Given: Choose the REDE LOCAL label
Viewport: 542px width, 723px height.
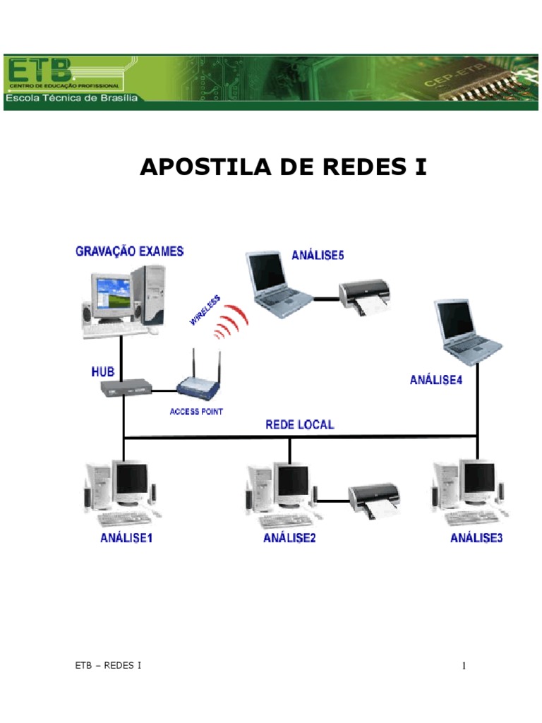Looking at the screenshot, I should (x=299, y=425).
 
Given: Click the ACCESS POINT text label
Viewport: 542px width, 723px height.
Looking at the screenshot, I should (x=196, y=412).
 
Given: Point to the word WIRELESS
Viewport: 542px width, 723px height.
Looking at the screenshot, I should (x=205, y=311).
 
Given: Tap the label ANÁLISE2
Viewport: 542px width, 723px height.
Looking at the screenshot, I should (x=289, y=539).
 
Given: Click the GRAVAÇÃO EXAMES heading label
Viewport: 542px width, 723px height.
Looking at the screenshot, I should (x=130, y=251).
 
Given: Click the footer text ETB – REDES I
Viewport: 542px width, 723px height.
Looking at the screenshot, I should (x=108, y=665).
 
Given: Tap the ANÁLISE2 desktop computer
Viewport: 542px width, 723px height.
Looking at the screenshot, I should (x=282, y=494).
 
